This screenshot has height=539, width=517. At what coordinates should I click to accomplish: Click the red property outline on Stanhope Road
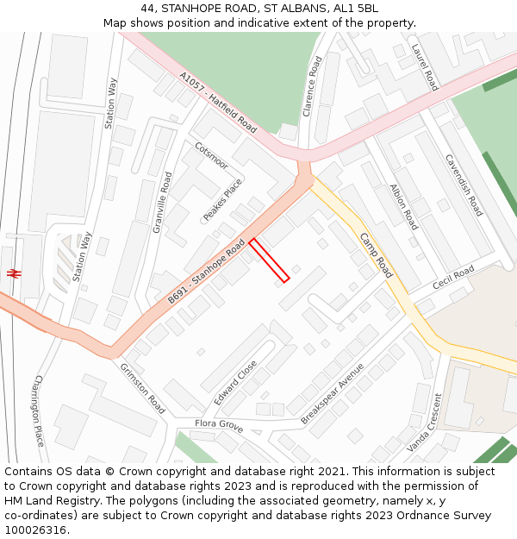(269, 260)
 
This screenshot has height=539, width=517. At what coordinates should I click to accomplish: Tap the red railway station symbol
(14, 273)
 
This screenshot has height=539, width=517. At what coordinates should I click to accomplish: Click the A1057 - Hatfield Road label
(218, 102)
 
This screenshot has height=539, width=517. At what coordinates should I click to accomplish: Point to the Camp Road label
(377, 255)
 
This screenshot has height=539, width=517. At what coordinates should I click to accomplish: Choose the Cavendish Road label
(464, 185)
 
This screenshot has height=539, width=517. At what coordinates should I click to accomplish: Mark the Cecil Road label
(453, 279)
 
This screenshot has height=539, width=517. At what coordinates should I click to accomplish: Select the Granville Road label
(163, 202)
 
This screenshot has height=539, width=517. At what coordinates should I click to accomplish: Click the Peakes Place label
(223, 200)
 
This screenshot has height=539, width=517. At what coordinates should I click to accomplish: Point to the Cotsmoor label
(212, 156)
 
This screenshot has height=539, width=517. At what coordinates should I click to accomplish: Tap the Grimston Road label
(143, 388)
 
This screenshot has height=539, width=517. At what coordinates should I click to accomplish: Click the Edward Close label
(235, 383)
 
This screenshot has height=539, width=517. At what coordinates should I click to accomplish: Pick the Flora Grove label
(219, 425)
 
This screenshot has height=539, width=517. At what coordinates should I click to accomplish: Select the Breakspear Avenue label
(333, 393)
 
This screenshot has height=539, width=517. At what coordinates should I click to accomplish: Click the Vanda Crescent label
(424, 422)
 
